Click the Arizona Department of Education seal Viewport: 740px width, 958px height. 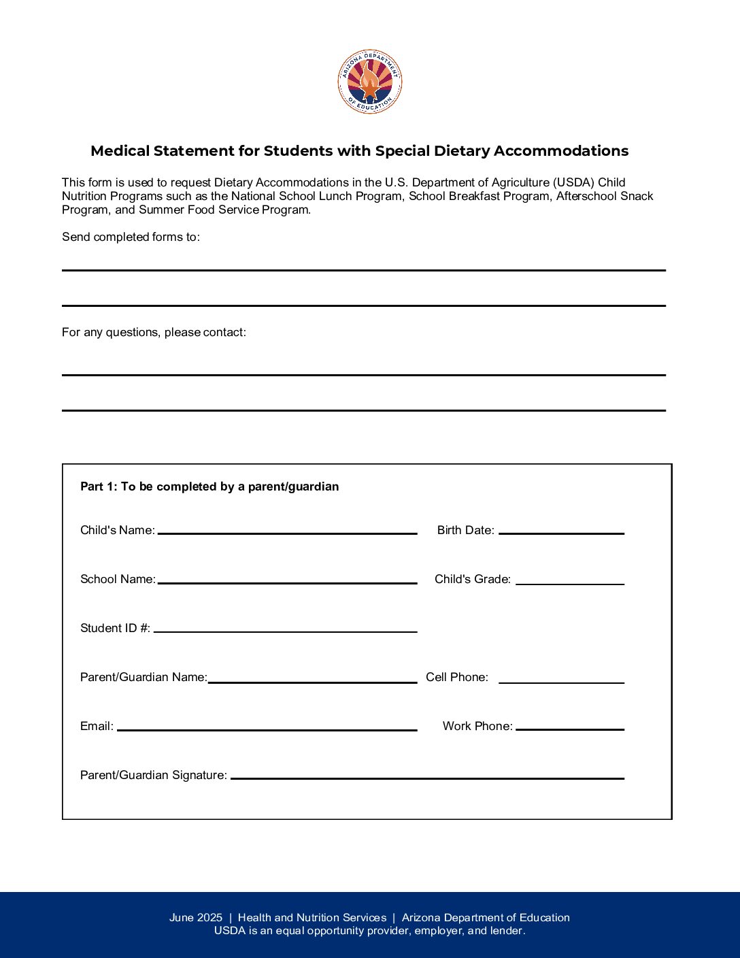[370, 82]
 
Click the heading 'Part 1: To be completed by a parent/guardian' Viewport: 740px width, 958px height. [209, 486]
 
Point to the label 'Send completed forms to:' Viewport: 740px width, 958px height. [131, 237]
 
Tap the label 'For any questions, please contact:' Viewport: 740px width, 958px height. [154, 332]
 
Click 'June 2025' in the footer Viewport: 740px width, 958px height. [196, 918]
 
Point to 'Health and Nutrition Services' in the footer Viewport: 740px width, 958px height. [312, 918]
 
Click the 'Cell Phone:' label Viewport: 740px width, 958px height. [457, 677]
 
